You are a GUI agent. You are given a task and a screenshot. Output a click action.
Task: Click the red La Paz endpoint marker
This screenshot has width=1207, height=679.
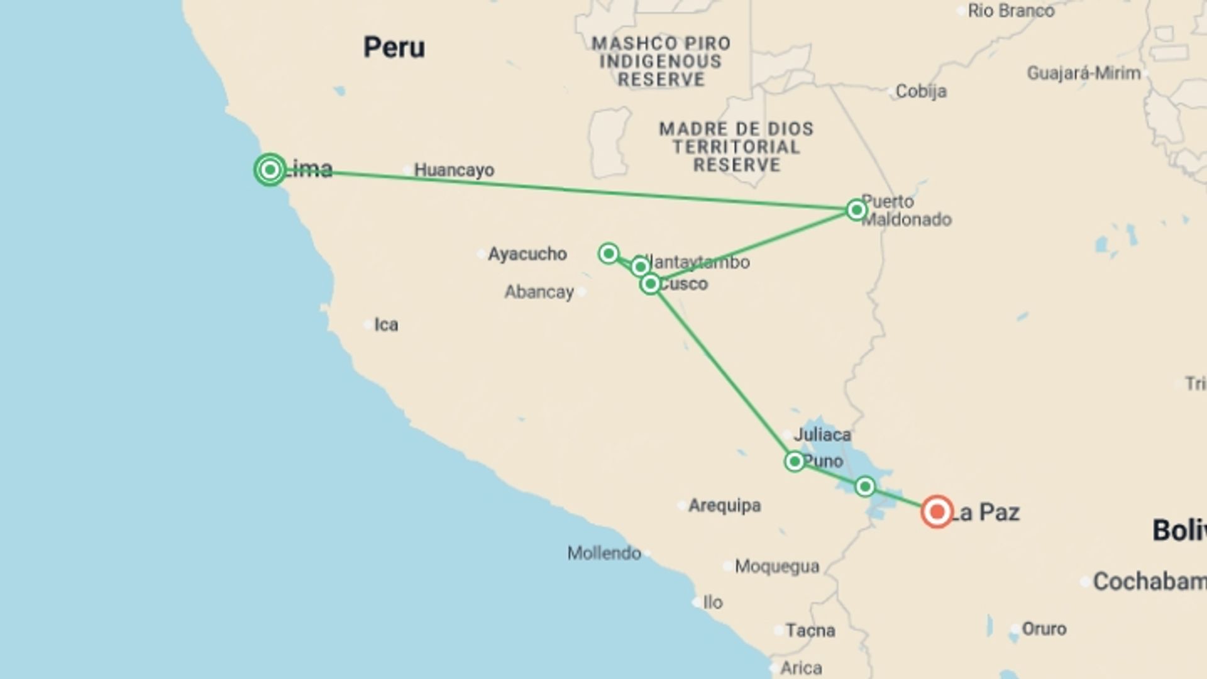click(937, 512)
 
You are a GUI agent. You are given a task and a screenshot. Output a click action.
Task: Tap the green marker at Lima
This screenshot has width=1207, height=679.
click(270, 170)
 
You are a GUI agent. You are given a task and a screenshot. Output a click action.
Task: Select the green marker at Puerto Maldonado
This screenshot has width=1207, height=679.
click(856, 209)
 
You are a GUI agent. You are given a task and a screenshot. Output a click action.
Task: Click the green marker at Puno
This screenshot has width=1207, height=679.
click(795, 462)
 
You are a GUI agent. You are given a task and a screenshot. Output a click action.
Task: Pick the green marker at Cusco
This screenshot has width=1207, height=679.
click(651, 284)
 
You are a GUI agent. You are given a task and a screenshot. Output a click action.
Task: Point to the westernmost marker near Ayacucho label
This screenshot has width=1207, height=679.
click(609, 253)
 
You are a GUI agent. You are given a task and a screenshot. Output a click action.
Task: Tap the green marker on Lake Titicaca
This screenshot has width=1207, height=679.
click(865, 487)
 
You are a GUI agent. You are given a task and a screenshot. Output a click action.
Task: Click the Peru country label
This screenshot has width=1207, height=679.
click(394, 48)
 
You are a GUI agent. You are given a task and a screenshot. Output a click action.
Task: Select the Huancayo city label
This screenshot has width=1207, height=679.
click(454, 170)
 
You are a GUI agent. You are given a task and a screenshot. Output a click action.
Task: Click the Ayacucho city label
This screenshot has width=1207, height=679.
click(527, 254)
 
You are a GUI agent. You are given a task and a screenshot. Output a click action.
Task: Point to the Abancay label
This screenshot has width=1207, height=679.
click(539, 292)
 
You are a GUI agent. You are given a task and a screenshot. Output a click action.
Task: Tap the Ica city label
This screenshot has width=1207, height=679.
click(386, 325)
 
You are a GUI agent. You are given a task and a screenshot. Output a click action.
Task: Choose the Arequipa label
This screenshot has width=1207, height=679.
click(724, 505)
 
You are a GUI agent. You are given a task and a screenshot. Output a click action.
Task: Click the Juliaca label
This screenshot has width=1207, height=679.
click(822, 434)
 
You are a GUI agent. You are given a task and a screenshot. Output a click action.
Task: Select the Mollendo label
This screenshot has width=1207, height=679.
click(604, 553)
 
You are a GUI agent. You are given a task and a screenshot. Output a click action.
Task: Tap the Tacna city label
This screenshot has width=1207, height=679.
click(810, 630)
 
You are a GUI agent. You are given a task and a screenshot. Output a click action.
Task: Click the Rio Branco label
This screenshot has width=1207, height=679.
click(1011, 11)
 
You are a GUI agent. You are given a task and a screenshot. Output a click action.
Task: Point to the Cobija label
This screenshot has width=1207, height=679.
click(921, 91)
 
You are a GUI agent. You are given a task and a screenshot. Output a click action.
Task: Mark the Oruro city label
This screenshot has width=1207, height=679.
click(1044, 629)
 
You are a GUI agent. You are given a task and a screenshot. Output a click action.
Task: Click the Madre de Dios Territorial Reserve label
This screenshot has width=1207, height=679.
click(736, 147)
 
